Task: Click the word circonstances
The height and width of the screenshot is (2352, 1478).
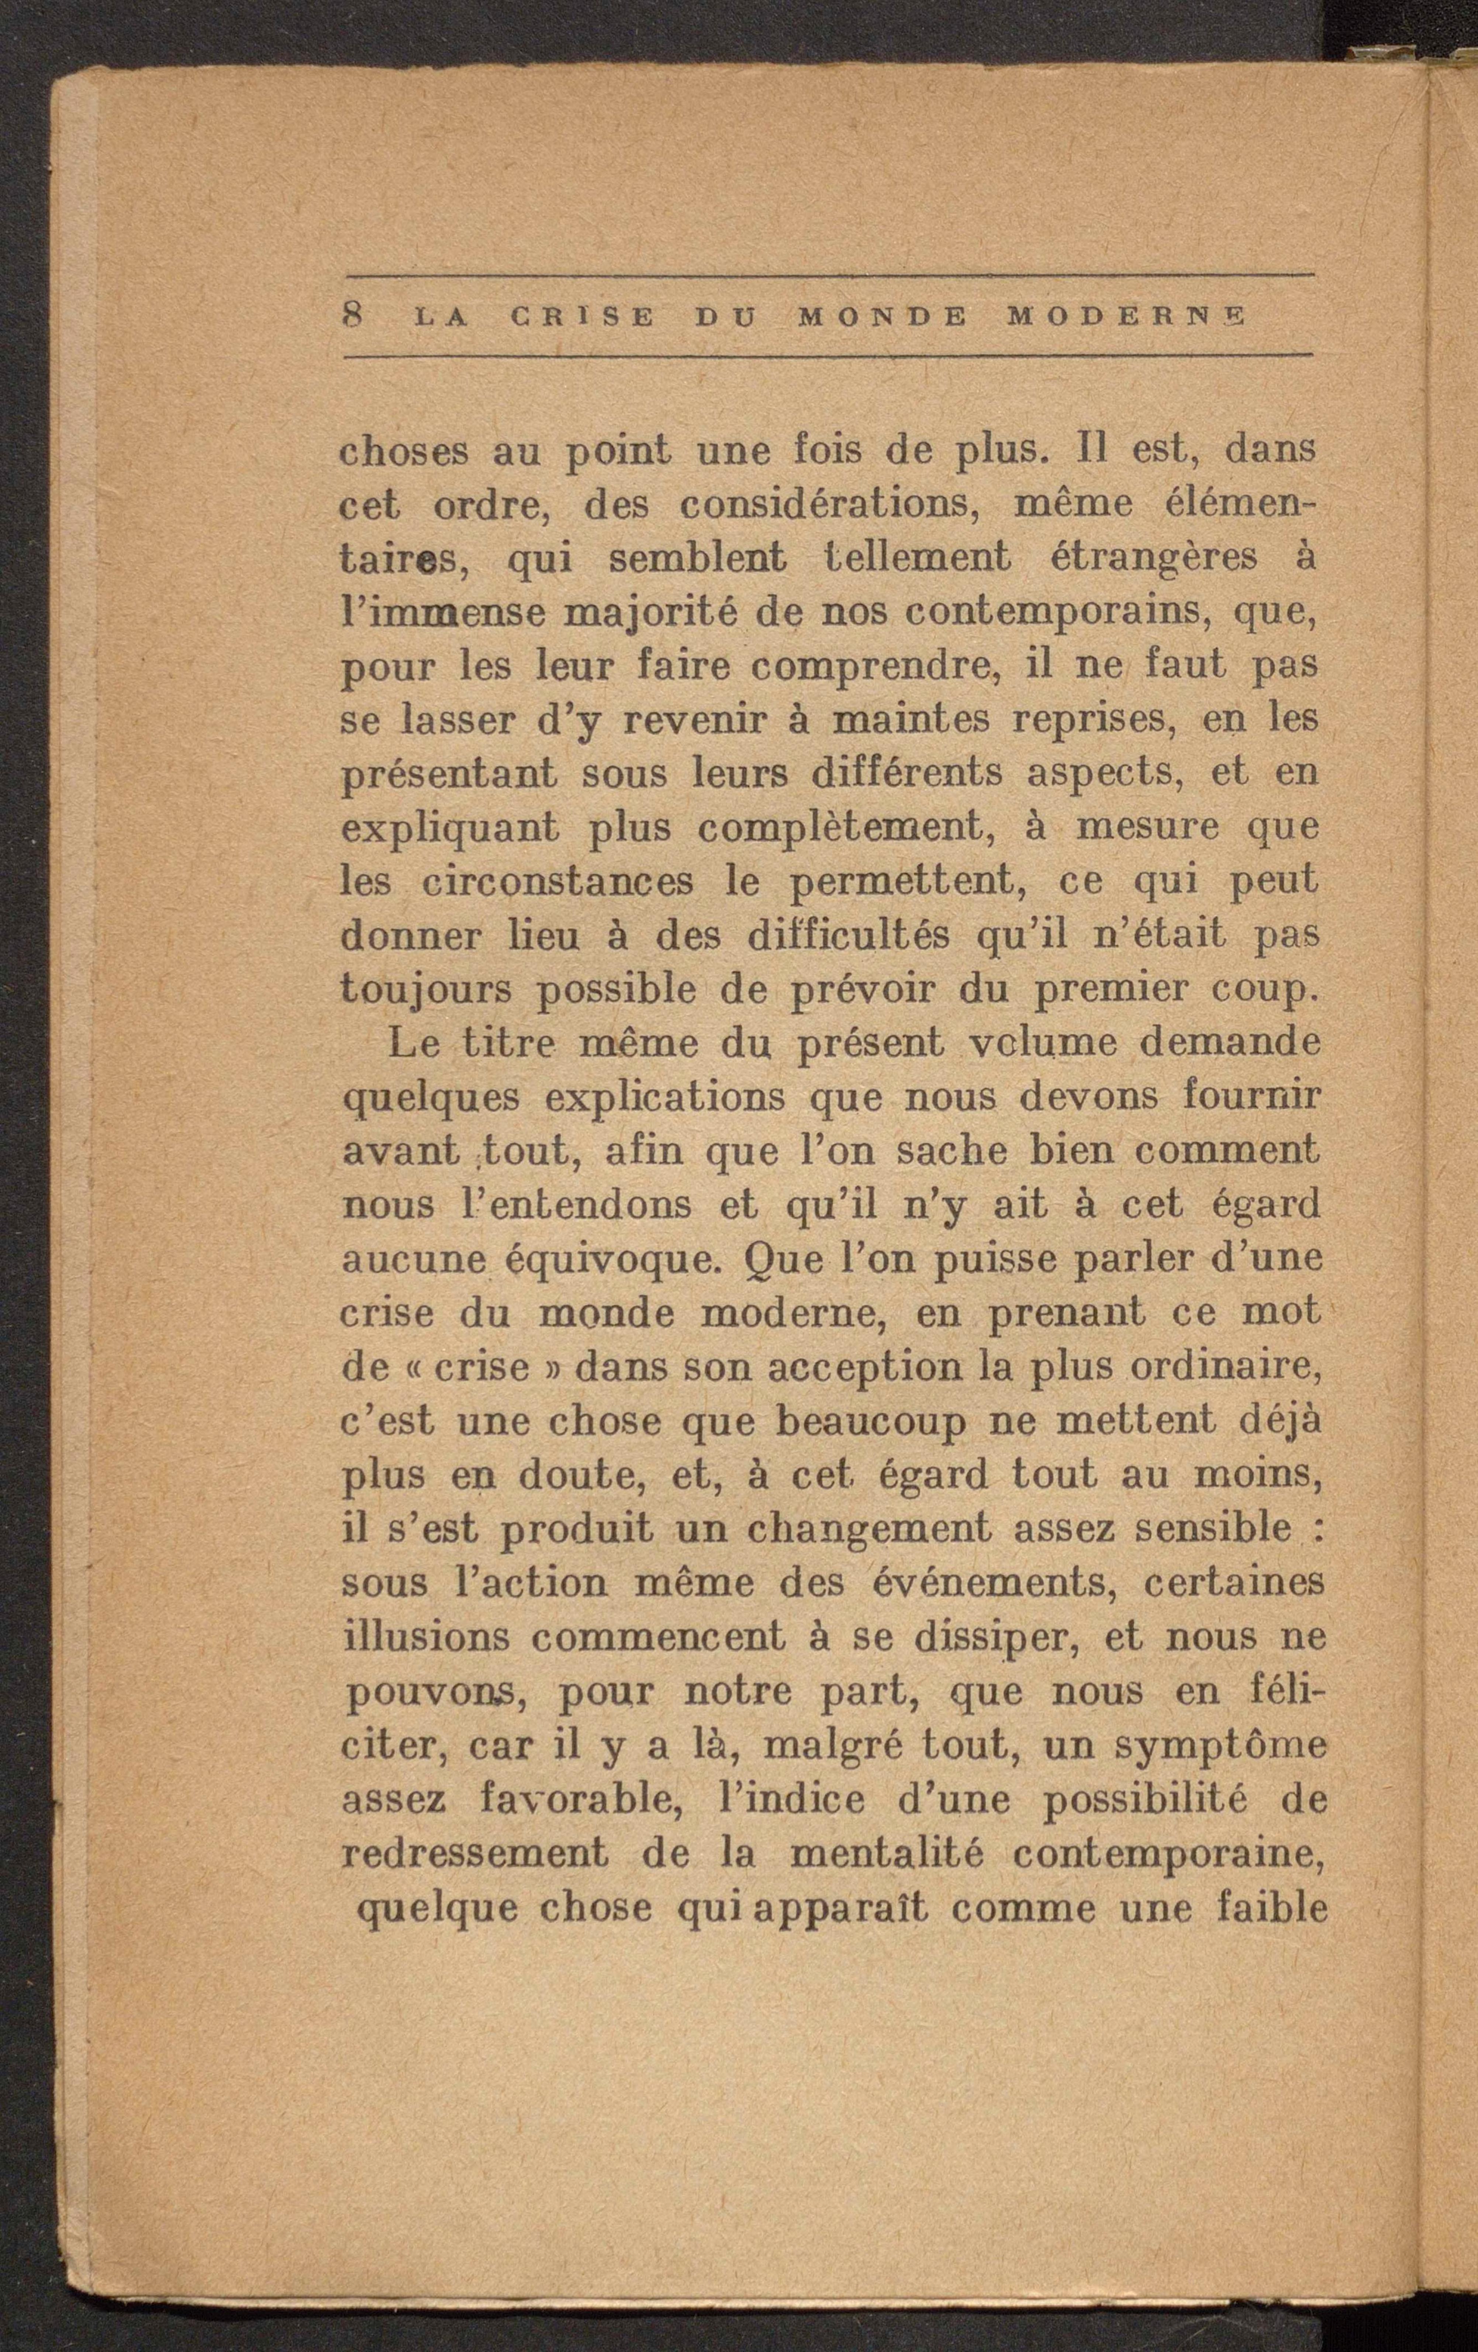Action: coord(559,882)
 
